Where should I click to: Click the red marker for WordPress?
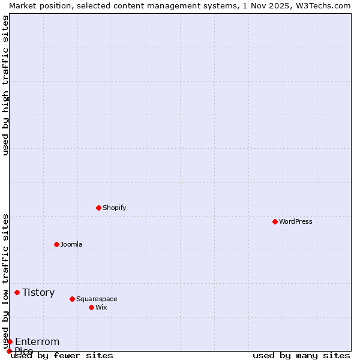[275, 221]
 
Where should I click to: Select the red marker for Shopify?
[98, 208]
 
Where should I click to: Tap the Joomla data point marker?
[56, 244]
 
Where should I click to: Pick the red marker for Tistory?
[17, 292]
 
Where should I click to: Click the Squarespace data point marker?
[72, 299]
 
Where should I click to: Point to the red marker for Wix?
[91, 307]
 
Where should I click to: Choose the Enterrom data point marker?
[10, 341]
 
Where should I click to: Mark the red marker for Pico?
[9, 351]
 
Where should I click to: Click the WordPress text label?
[296, 221]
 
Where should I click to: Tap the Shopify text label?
[115, 208]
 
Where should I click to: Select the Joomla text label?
[71, 244]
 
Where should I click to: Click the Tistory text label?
[38, 292]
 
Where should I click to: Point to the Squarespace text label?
[97, 299]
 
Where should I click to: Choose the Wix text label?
[101, 307]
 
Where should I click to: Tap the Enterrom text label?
[37, 341]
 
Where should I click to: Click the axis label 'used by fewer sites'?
[62, 356]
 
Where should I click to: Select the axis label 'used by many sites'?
[301, 356]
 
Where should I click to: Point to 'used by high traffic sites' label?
[5, 85]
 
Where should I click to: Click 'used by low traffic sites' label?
[5, 281]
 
